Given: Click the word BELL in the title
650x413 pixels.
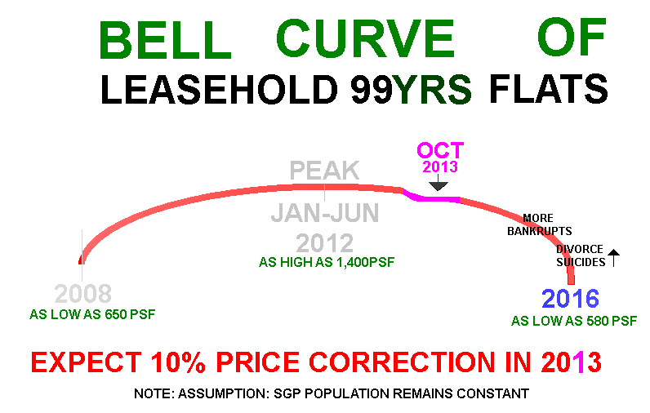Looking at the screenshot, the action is point(165,39).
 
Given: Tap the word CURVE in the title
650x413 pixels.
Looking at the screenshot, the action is point(365,38).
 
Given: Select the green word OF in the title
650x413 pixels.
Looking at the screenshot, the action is point(572,37).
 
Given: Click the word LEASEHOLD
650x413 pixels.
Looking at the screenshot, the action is point(220,90).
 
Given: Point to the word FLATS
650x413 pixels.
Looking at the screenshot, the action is point(549,89).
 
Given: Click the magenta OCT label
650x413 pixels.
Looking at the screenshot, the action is point(440,150).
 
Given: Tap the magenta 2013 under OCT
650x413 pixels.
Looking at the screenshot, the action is point(440,167).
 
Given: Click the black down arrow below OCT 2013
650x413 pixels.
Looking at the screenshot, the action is point(439,182).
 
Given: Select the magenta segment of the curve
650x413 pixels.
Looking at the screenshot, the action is point(431,198).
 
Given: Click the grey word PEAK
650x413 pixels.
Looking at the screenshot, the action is point(324,171).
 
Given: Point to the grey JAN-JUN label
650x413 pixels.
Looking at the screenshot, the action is point(324,213).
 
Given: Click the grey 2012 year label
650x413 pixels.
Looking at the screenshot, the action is point(324,243).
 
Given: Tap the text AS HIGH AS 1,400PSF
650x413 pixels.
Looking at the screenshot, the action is point(327,262).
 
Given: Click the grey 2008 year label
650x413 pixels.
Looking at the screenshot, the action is point(83,294).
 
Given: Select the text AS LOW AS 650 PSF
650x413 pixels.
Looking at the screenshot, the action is point(92,314).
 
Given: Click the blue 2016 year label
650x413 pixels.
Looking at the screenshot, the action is point(571,299).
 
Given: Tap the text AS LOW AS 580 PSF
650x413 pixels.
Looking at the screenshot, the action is point(574,321).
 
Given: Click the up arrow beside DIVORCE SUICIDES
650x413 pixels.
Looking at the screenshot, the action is point(613,258).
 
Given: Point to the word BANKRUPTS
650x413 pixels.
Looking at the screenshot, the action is point(539,231).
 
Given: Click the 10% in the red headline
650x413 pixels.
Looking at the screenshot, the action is point(178,362).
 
